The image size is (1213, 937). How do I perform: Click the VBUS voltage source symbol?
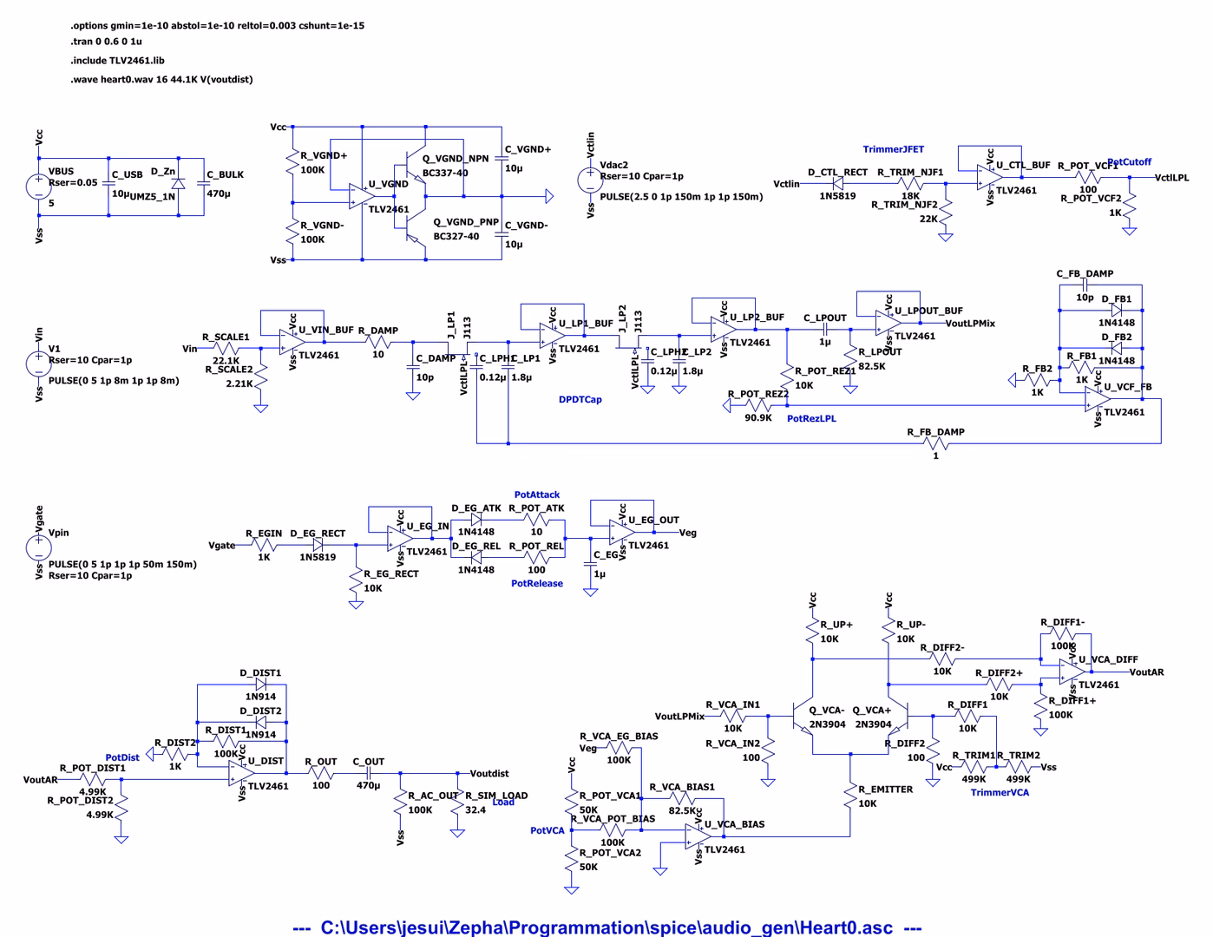(39, 186)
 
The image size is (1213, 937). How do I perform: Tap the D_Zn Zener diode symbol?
(178, 185)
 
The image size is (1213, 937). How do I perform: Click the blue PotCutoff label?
(1129, 162)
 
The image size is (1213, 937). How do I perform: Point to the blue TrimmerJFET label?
(893, 149)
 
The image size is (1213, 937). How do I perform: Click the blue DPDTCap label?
(580, 400)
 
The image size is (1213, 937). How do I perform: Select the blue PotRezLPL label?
(811, 419)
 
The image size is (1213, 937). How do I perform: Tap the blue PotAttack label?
(537, 495)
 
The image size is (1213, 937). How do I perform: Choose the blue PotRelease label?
(537, 584)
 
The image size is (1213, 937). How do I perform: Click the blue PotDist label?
(122, 757)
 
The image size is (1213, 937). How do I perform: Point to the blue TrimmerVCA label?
(1000, 793)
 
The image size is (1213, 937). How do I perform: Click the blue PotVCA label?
(547, 831)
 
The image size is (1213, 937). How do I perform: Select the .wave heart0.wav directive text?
(162, 80)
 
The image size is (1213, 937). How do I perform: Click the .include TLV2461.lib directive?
(118, 61)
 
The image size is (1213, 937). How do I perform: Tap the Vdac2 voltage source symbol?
(590, 180)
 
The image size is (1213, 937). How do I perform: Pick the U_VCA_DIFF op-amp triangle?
(1072, 672)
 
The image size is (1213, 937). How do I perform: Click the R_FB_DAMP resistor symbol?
(935, 444)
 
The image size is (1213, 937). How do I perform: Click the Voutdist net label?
(489, 774)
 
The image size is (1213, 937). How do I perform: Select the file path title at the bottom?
(606, 927)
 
